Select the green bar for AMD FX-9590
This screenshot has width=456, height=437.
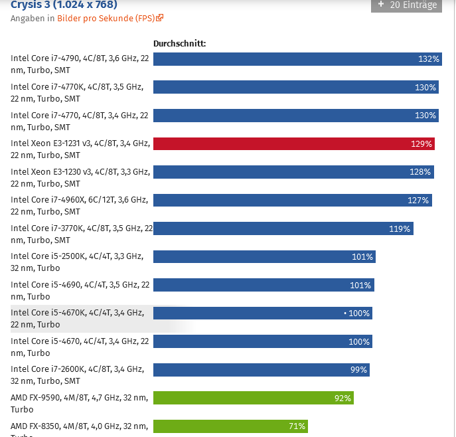point(252,398)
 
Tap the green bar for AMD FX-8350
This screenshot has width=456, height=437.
point(230,426)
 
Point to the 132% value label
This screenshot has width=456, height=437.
point(429,59)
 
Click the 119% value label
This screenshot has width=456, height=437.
point(400,229)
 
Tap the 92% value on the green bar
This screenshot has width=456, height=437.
point(342,398)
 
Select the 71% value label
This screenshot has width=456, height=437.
point(297,426)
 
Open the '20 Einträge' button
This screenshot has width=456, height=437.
point(406,5)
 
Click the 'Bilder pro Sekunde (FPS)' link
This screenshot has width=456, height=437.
point(106,18)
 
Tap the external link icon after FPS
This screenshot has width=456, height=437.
point(160,18)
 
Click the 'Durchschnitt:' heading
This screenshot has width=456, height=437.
point(179,44)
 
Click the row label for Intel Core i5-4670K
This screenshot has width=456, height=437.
point(77,318)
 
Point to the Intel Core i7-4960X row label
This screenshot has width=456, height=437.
point(80,205)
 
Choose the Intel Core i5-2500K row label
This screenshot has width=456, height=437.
point(77,262)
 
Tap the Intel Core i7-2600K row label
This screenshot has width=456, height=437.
point(77,375)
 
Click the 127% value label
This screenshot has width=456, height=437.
point(418,201)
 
